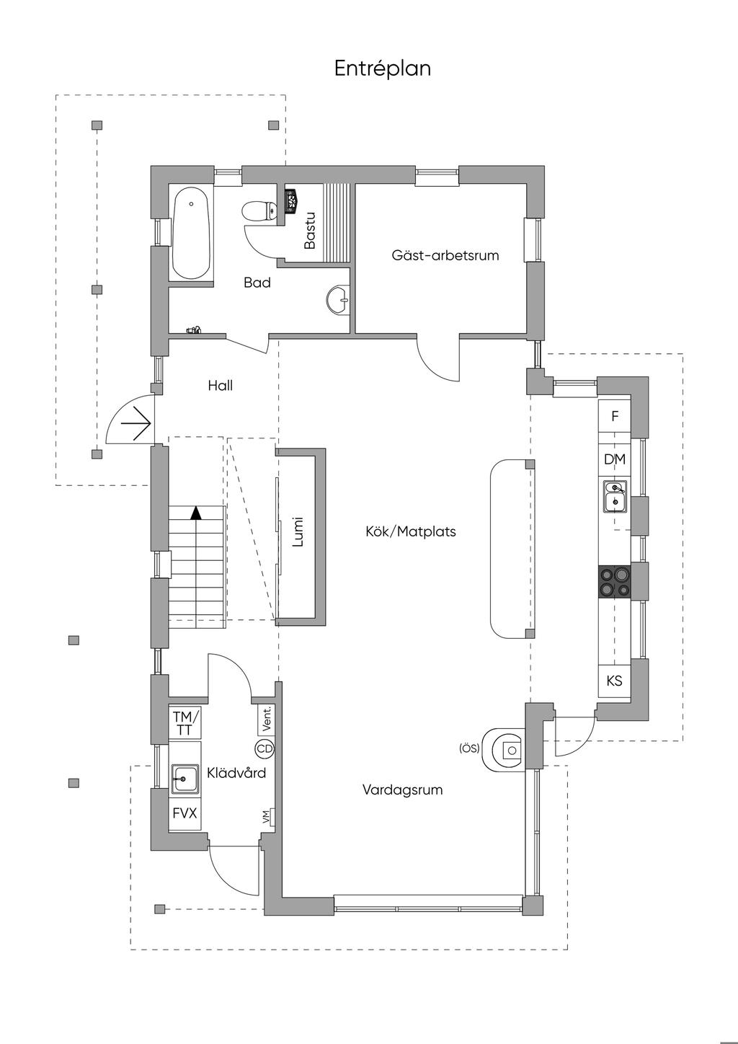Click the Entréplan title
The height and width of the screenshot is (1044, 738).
tap(383, 68)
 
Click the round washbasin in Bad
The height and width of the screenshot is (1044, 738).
tap(338, 299)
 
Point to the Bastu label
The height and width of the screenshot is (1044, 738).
tap(310, 230)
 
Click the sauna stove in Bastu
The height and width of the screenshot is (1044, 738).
tap(293, 200)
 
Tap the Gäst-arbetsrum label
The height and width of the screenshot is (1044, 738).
tap(445, 255)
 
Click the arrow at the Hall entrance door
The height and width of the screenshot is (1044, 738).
tap(137, 420)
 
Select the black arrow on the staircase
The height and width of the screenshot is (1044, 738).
tap(195, 513)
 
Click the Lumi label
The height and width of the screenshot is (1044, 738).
tap(298, 532)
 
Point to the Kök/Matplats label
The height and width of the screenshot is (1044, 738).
tap(411, 532)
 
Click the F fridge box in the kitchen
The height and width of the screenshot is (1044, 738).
tap(615, 416)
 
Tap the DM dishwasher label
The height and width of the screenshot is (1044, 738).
tap(615, 459)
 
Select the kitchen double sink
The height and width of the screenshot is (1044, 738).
tap(615, 496)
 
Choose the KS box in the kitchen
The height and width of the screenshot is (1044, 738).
tap(615, 680)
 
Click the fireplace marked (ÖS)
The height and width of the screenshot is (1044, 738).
tap(506, 750)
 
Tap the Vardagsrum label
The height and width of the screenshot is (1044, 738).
tap(402, 789)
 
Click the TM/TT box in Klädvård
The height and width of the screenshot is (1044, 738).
tap(184, 723)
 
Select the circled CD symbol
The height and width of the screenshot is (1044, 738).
tap(264, 749)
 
